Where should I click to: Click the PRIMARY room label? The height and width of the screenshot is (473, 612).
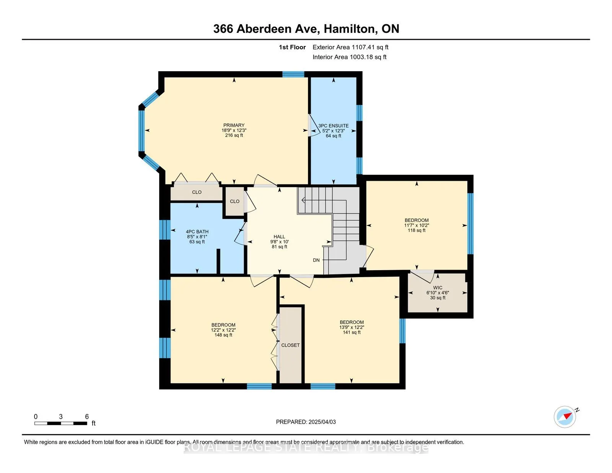point(234,125)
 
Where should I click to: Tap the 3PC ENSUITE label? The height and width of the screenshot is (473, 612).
point(334,126)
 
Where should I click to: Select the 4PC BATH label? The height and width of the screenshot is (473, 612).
point(197,232)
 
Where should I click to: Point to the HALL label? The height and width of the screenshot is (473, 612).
point(279,236)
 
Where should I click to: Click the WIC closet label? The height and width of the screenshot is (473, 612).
point(438,288)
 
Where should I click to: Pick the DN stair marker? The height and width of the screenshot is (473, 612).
point(316,260)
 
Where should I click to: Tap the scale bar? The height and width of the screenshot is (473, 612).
point(61,423)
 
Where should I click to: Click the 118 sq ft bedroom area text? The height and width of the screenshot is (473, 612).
point(417,230)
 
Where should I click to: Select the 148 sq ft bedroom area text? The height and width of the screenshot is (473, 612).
point(223,335)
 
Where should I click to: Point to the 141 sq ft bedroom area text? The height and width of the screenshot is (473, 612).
point(352,332)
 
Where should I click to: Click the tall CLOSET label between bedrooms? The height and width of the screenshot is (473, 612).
point(290,345)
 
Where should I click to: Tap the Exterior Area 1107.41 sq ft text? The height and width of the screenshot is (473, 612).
point(350,47)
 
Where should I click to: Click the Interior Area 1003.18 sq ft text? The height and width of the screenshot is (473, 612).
point(349,57)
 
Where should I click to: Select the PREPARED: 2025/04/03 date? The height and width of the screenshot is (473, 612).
point(306,422)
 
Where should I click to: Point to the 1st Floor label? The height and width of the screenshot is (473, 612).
point(292,47)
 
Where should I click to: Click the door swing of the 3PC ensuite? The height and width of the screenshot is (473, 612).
point(314,126)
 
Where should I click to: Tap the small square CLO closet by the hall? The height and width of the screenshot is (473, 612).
point(234,201)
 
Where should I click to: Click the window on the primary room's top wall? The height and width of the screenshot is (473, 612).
point(293,74)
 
